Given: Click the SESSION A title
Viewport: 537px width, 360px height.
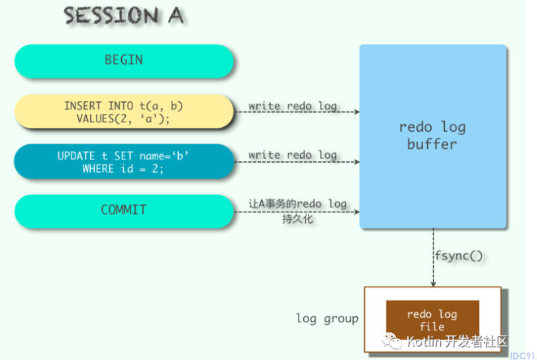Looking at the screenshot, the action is click(x=124, y=15).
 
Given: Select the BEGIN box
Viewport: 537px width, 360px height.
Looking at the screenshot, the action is click(x=124, y=61).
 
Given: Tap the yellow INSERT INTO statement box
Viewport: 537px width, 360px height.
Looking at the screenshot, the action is click(x=124, y=112).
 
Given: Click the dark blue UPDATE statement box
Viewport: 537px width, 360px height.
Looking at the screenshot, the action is click(x=124, y=161).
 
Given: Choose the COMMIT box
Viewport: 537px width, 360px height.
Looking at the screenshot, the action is click(x=124, y=211).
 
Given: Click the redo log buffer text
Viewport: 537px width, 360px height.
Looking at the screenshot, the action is click(x=432, y=136).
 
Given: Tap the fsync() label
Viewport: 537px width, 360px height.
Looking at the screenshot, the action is click(x=459, y=255).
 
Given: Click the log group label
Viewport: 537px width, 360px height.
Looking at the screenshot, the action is click(x=327, y=318).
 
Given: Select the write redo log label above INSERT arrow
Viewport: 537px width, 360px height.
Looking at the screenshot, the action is click(x=293, y=106).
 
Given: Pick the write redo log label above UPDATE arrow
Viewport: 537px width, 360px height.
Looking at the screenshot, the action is click(x=293, y=155).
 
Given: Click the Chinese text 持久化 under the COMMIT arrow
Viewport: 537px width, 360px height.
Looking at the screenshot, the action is click(x=297, y=218).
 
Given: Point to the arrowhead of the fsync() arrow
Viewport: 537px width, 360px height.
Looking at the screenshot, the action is click(x=433, y=284).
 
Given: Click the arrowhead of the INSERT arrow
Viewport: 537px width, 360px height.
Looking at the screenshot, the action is click(x=357, y=112).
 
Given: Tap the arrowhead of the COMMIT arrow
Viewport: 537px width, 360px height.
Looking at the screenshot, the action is click(x=357, y=212).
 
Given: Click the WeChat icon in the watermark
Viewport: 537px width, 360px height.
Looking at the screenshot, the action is click(x=391, y=341).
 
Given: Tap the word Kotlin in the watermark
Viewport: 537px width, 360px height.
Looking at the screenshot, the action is click(x=424, y=341).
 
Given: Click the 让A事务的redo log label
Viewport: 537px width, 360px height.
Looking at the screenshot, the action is click(x=297, y=204).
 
